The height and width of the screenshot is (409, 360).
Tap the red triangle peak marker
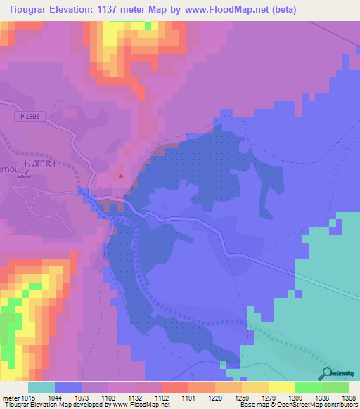tap(121, 176)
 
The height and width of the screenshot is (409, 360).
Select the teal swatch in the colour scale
tap(41, 387)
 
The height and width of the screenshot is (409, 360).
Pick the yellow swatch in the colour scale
tap(281, 387)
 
